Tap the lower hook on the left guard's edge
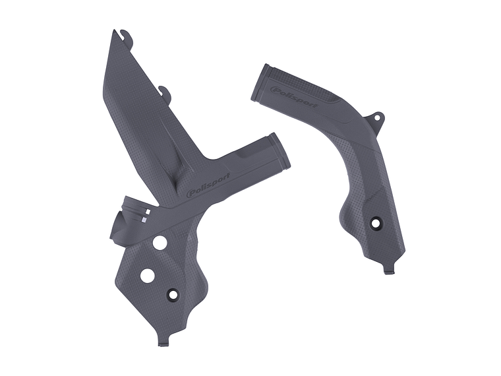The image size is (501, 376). pyautogui.click(x=165, y=92)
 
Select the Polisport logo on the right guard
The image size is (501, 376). pyautogui.click(x=294, y=96)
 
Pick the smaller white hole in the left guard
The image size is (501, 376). pyautogui.click(x=160, y=243)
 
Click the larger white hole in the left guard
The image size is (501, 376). pyautogui.click(x=147, y=275)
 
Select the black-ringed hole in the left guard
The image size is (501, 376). pyautogui.click(x=175, y=295)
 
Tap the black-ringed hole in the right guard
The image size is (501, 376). pyautogui.click(x=376, y=223)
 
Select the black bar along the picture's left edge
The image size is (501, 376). pyautogui.click(x=31, y=188)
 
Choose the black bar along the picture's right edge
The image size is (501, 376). pyautogui.click(x=469, y=188)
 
